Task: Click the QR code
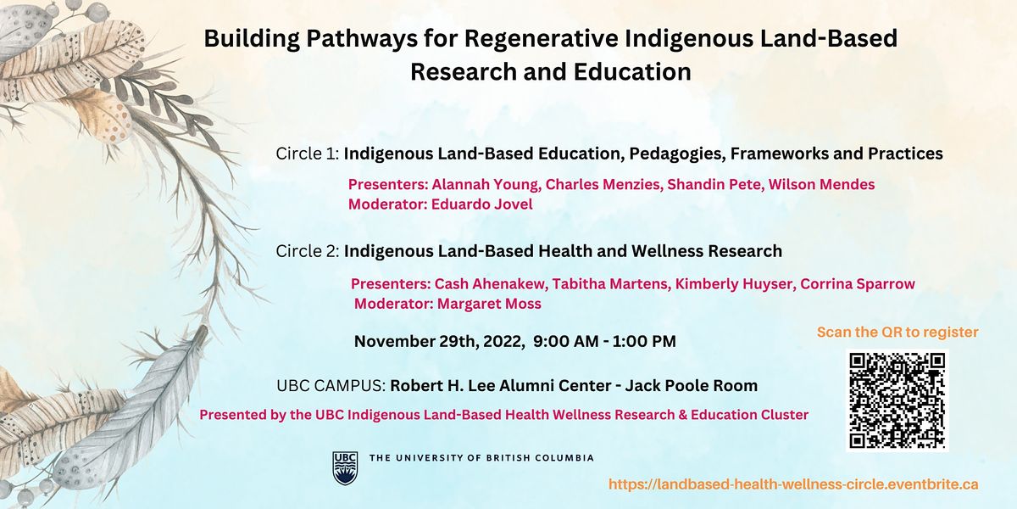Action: pyautogui.click(x=897, y=400)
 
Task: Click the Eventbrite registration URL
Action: pyautogui.click(x=793, y=484)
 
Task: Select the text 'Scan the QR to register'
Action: pyautogui.click(x=898, y=332)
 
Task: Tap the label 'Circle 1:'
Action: pyautogui.click(x=308, y=154)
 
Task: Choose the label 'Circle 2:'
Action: pyautogui.click(x=308, y=251)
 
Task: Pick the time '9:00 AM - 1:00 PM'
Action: pyautogui.click(x=605, y=342)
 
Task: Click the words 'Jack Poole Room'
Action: pyautogui.click(x=692, y=386)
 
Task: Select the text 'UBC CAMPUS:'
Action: pyautogui.click(x=331, y=386)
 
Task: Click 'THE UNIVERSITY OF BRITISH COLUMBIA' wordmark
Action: pyautogui.click(x=481, y=458)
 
